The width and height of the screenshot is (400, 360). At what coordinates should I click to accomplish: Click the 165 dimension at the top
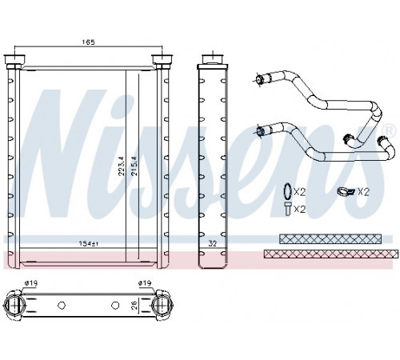(88, 42)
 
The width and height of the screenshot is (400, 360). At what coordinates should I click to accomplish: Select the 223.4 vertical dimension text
(122, 166)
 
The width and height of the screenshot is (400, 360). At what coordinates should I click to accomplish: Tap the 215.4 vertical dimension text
(134, 166)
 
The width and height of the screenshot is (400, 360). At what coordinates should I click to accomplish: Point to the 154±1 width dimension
(88, 243)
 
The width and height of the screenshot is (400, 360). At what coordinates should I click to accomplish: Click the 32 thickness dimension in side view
(213, 243)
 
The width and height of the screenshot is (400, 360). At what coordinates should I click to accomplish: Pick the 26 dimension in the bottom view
(134, 305)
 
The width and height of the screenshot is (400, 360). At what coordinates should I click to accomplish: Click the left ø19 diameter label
(31, 283)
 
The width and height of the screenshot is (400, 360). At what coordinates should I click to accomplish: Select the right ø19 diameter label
(145, 283)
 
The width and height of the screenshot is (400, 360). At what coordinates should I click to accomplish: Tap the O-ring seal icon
(287, 191)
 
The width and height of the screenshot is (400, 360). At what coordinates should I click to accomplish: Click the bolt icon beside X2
(287, 209)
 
